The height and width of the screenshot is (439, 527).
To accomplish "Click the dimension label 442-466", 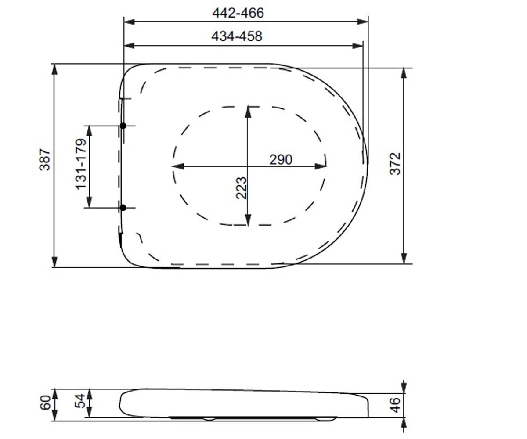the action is coord(238,13).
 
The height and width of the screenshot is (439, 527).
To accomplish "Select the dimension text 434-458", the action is coord(237,36).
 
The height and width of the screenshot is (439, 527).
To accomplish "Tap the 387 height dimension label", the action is coord(45,160).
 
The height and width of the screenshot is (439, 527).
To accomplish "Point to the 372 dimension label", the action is coord(395,164).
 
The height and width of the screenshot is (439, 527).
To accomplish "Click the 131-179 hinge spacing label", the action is coord(81,164).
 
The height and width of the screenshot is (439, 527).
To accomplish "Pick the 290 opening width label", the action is coord(281,159).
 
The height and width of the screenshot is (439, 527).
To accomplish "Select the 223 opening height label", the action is coord(241,188).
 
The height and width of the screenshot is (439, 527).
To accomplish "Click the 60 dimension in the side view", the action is coord(45,403).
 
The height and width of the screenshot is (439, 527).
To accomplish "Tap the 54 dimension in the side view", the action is coord(80,401).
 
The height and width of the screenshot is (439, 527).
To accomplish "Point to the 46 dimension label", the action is coord(395,405).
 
